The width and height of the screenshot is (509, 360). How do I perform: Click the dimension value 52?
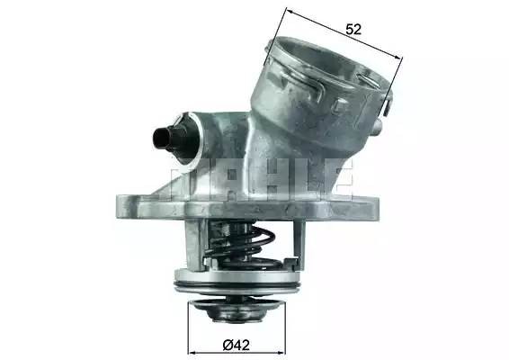click(x=353, y=29)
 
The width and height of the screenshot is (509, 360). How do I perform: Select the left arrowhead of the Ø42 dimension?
click(x=192, y=349)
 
